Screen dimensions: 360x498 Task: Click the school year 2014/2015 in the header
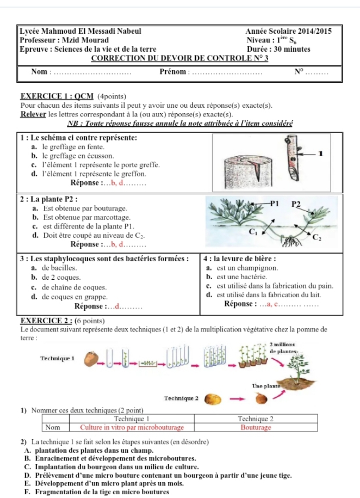(x=315, y=31)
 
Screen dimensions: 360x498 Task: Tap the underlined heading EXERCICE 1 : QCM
(x=57, y=96)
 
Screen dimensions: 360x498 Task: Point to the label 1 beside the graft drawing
(x=321, y=153)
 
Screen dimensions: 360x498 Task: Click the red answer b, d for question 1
(x=118, y=183)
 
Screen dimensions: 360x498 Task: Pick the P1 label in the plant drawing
(x=274, y=204)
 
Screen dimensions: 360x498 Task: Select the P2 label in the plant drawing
(x=296, y=204)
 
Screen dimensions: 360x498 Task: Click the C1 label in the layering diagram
(x=253, y=232)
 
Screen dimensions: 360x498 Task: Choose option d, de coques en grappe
(x=70, y=297)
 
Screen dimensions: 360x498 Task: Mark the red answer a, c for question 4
(x=272, y=304)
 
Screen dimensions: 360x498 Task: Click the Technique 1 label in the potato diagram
(x=58, y=358)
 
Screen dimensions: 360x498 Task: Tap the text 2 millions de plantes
(x=282, y=348)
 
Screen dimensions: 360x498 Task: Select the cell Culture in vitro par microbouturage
(x=132, y=427)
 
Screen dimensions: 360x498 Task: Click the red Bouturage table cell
(x=256, y=427)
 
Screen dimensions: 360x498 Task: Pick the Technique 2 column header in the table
(x=256, y=419)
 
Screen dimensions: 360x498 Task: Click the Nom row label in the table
(x=53, y=427)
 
